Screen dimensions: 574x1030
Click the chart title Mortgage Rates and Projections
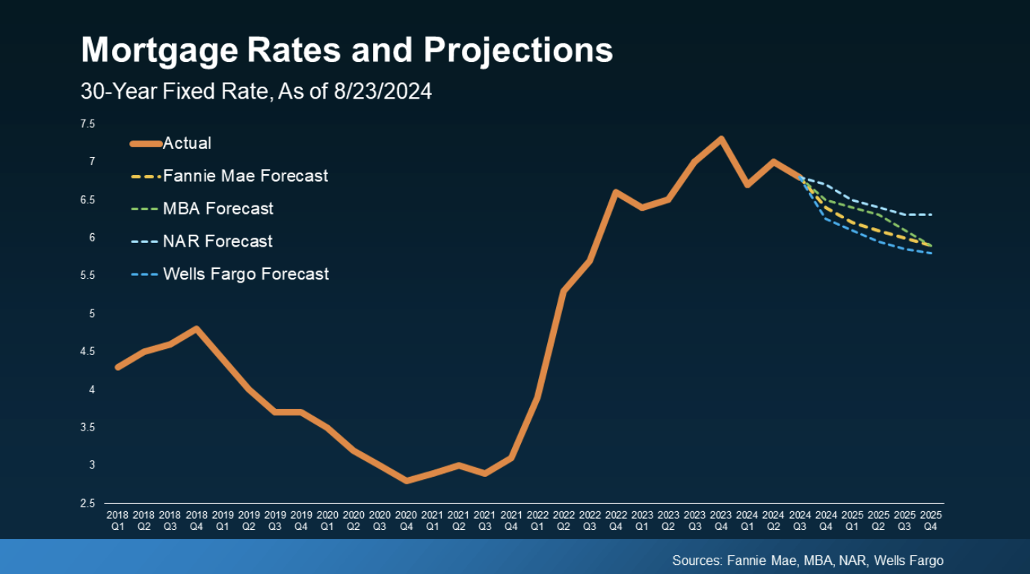347,51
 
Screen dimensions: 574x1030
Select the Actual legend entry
187,143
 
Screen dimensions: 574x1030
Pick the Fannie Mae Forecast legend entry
245,176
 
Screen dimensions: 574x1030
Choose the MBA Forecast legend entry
218,209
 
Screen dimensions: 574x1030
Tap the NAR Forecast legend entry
218,241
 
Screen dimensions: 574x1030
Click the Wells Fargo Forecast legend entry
246,274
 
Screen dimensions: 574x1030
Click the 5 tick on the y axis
93,314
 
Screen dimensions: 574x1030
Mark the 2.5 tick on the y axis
88,504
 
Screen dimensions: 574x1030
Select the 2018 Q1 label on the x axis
117,521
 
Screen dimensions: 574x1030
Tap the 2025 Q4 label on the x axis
931,521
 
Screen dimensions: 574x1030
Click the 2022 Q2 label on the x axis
564,521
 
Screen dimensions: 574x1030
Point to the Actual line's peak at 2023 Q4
721,138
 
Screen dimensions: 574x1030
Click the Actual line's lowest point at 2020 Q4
406,481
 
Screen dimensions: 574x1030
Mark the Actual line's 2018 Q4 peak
197,328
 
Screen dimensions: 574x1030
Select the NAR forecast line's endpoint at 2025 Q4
931,215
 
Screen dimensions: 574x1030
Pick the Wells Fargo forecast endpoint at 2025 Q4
931,253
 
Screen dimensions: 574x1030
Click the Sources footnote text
807,561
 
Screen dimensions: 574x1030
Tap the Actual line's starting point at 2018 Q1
118,367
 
